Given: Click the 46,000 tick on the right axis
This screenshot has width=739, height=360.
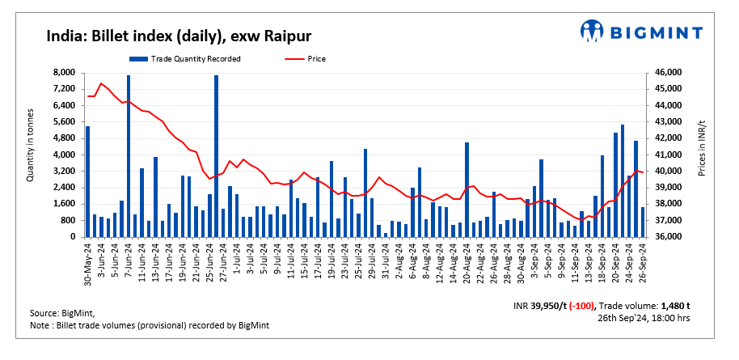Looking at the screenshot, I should point(668,73).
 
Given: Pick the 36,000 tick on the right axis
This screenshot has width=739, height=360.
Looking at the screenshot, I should point(668,237).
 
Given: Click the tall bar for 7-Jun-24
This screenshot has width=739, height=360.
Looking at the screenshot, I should point(129,154).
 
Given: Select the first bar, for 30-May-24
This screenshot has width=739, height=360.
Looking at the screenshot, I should point(88,181).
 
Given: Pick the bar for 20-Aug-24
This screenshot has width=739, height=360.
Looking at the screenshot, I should point(467,189).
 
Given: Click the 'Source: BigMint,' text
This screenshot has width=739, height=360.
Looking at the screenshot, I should point(61,312).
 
